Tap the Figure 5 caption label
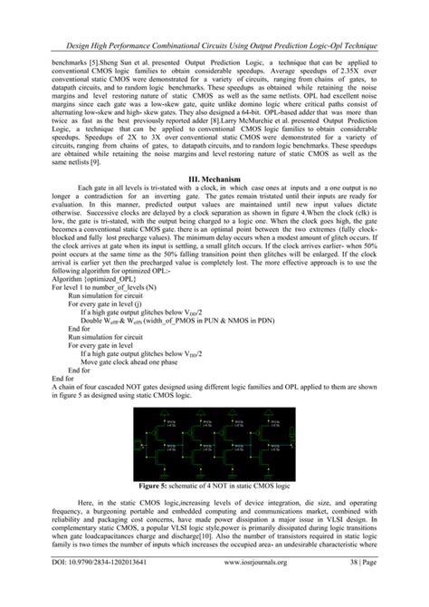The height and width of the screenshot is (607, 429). click(x=160, y=486)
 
